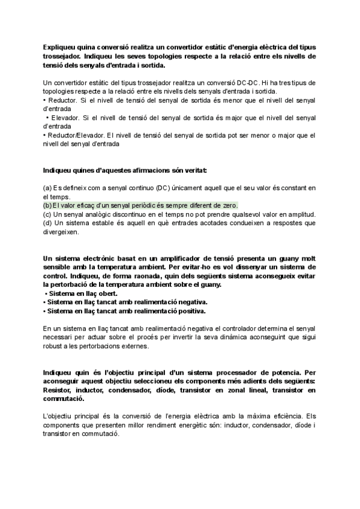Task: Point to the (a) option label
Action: pos(47,188)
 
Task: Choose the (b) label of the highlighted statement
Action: pos(47,205)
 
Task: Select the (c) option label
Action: pos(47,214)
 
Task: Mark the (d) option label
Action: pos(47,223)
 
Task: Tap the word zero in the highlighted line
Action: pos(229,205)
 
